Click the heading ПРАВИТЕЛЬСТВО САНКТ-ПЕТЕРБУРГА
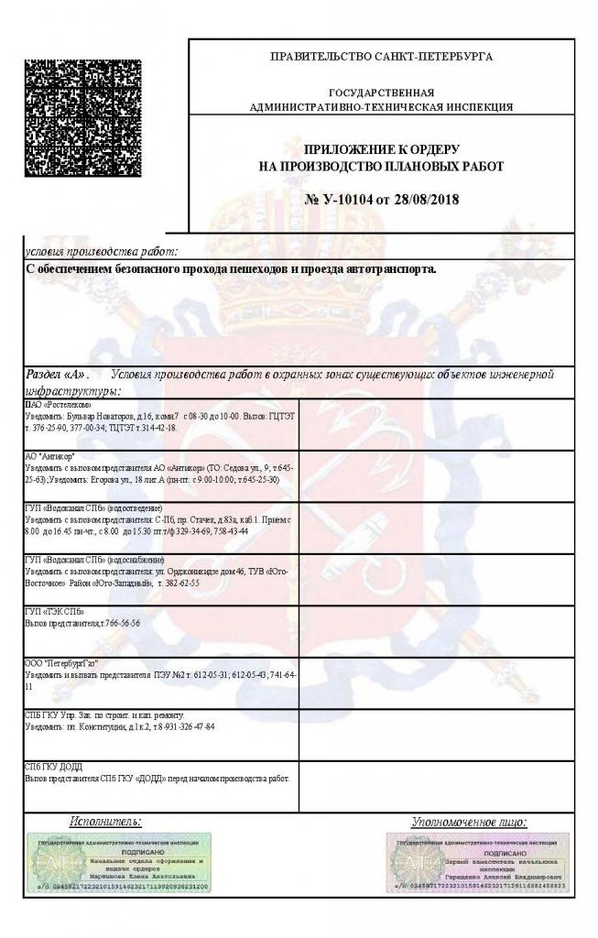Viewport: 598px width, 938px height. [381, 57]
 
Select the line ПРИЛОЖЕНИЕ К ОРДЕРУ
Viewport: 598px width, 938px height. [381, 148]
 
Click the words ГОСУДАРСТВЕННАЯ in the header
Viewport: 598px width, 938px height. [381, 93]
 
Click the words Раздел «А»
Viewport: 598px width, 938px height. [56, 375]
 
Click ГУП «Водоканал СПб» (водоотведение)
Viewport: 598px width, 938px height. [92, 507]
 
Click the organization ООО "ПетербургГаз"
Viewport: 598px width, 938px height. [60, 662]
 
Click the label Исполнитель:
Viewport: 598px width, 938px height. [105, 822]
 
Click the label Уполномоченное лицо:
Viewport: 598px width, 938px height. [469, 823]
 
